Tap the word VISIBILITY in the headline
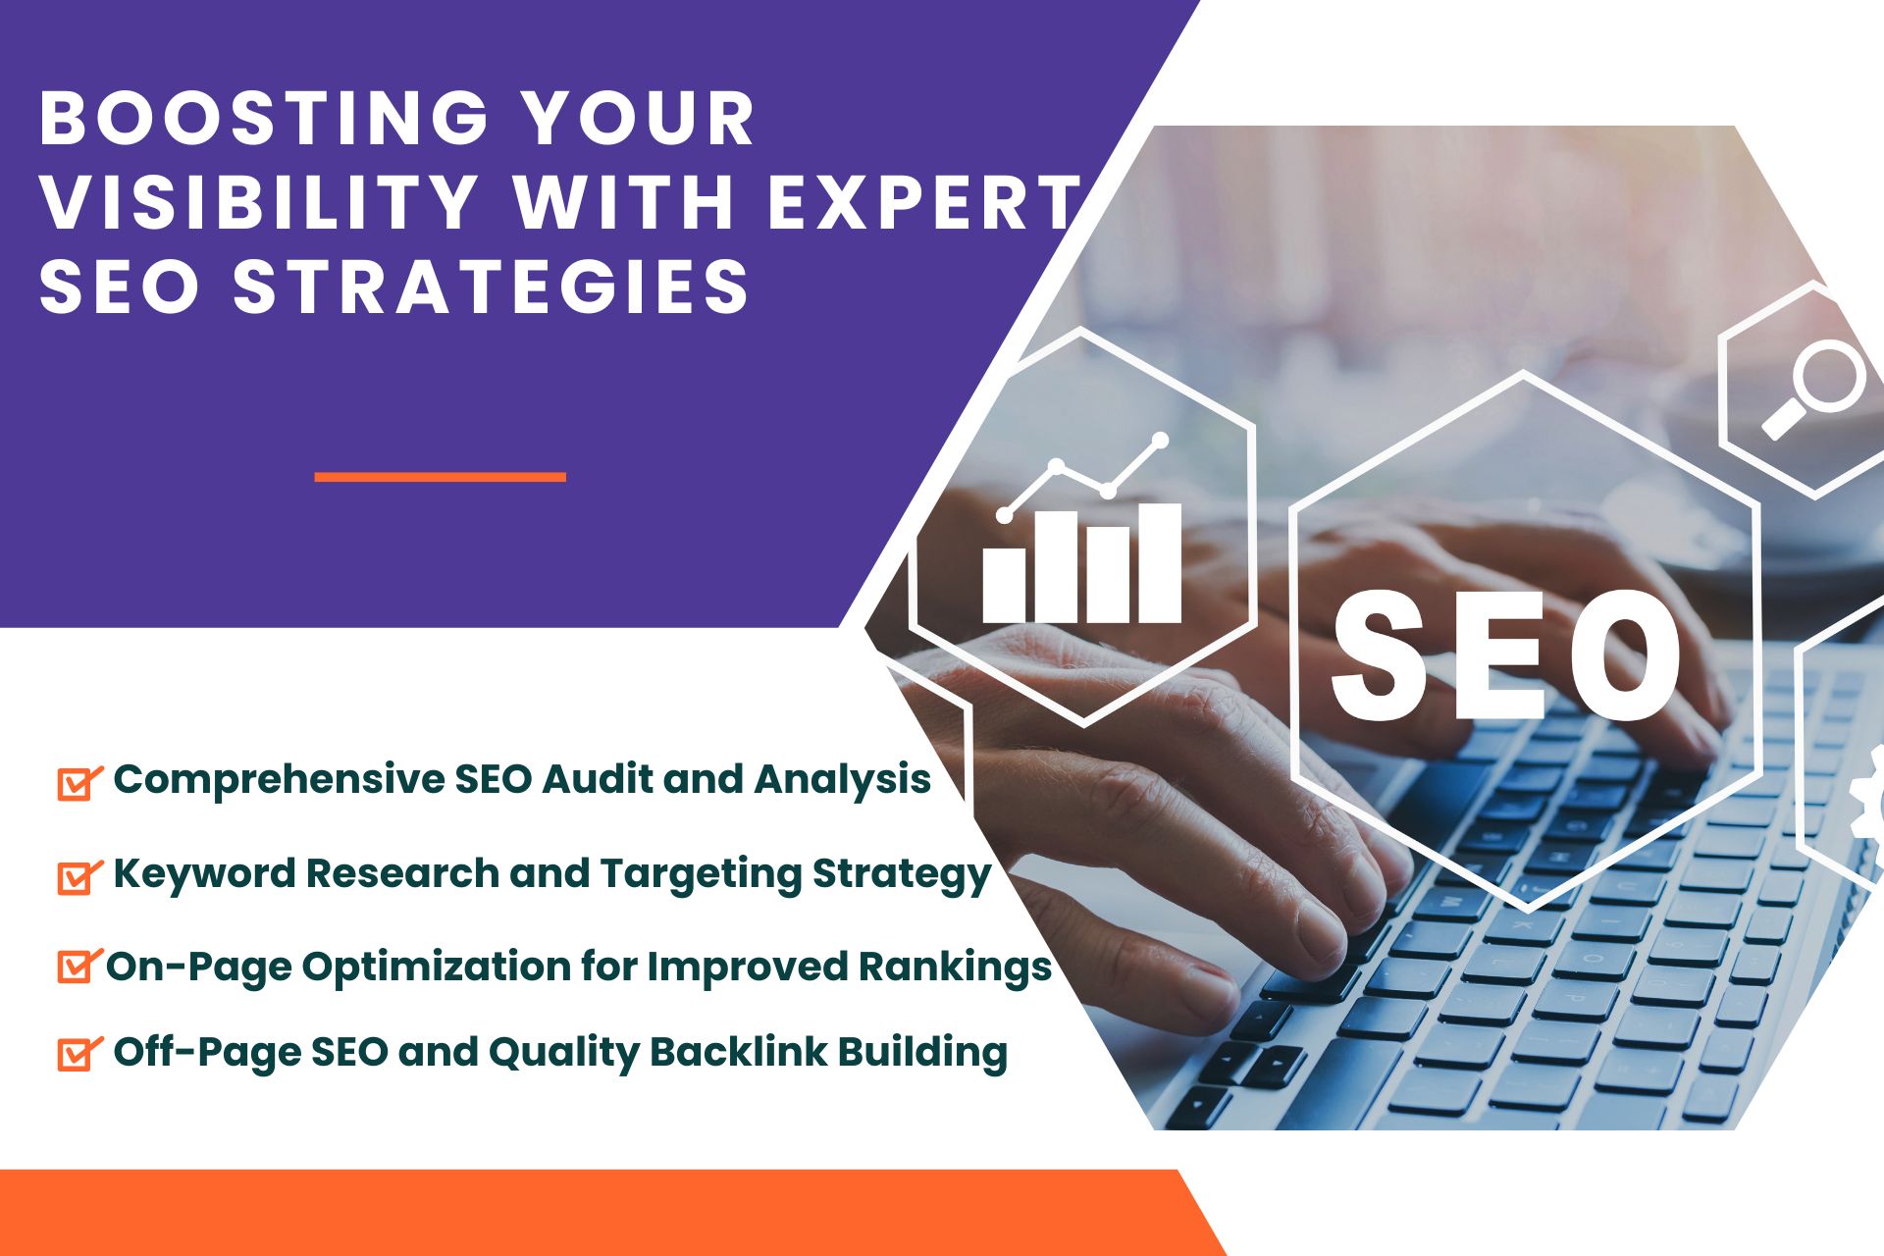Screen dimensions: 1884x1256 [259, 202]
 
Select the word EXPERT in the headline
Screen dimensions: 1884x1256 [924, 202]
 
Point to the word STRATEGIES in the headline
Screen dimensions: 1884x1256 [492, 286]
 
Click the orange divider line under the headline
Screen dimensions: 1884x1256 [441, 477]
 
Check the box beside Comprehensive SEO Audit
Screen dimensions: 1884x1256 [78, 783]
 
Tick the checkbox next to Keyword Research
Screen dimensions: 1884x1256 [78, 876]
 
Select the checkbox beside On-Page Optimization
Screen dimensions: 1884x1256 [78, 967]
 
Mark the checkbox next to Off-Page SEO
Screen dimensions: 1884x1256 [78, 1053]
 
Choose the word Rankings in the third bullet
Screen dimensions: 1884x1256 [955, 967]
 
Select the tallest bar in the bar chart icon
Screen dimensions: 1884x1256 [1158, 563]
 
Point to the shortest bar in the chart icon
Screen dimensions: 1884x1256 [1004, 585]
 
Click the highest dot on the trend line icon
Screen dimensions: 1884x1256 [1161, 440]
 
